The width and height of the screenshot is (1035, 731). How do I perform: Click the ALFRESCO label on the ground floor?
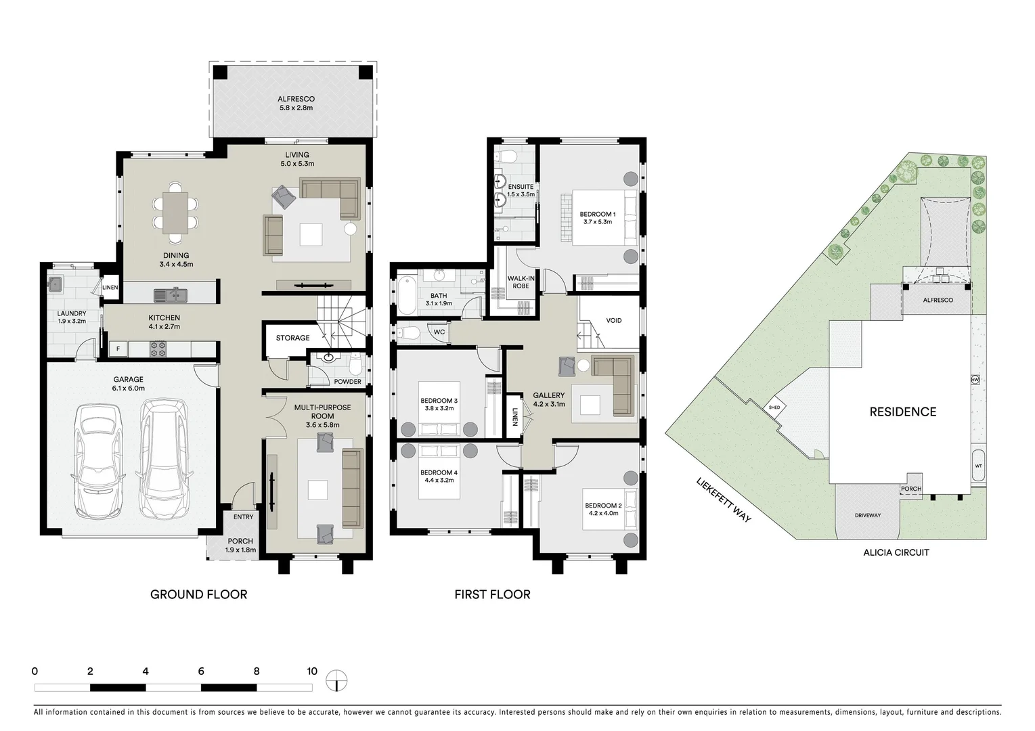tap(296, 99)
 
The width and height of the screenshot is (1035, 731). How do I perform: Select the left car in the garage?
tap(98, 460)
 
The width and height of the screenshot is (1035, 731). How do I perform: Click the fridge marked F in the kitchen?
tap(118, 349)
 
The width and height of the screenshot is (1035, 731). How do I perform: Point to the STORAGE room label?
tap(292, 338)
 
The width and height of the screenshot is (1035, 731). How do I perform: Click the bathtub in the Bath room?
tap(407, 295)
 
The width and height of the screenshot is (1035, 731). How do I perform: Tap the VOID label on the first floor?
tap(613, 320)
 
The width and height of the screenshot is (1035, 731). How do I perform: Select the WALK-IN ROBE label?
tap(521, 282)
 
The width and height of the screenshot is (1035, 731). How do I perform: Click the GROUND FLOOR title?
tap(198, 594)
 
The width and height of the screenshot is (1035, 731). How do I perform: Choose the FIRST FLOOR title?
tap(492, 594)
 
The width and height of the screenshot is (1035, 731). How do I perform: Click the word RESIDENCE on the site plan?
tap(903, 412)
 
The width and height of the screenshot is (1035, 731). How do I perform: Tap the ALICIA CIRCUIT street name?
tap(896, 552)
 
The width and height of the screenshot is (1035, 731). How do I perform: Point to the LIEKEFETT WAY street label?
tap(724, 500)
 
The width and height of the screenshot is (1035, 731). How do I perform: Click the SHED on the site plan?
tap(774, 407)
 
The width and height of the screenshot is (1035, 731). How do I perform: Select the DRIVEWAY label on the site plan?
tap(867, 515)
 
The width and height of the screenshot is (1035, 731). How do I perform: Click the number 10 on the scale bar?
tap(311, 671)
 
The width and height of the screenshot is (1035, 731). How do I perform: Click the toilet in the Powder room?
tap(355, 365)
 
